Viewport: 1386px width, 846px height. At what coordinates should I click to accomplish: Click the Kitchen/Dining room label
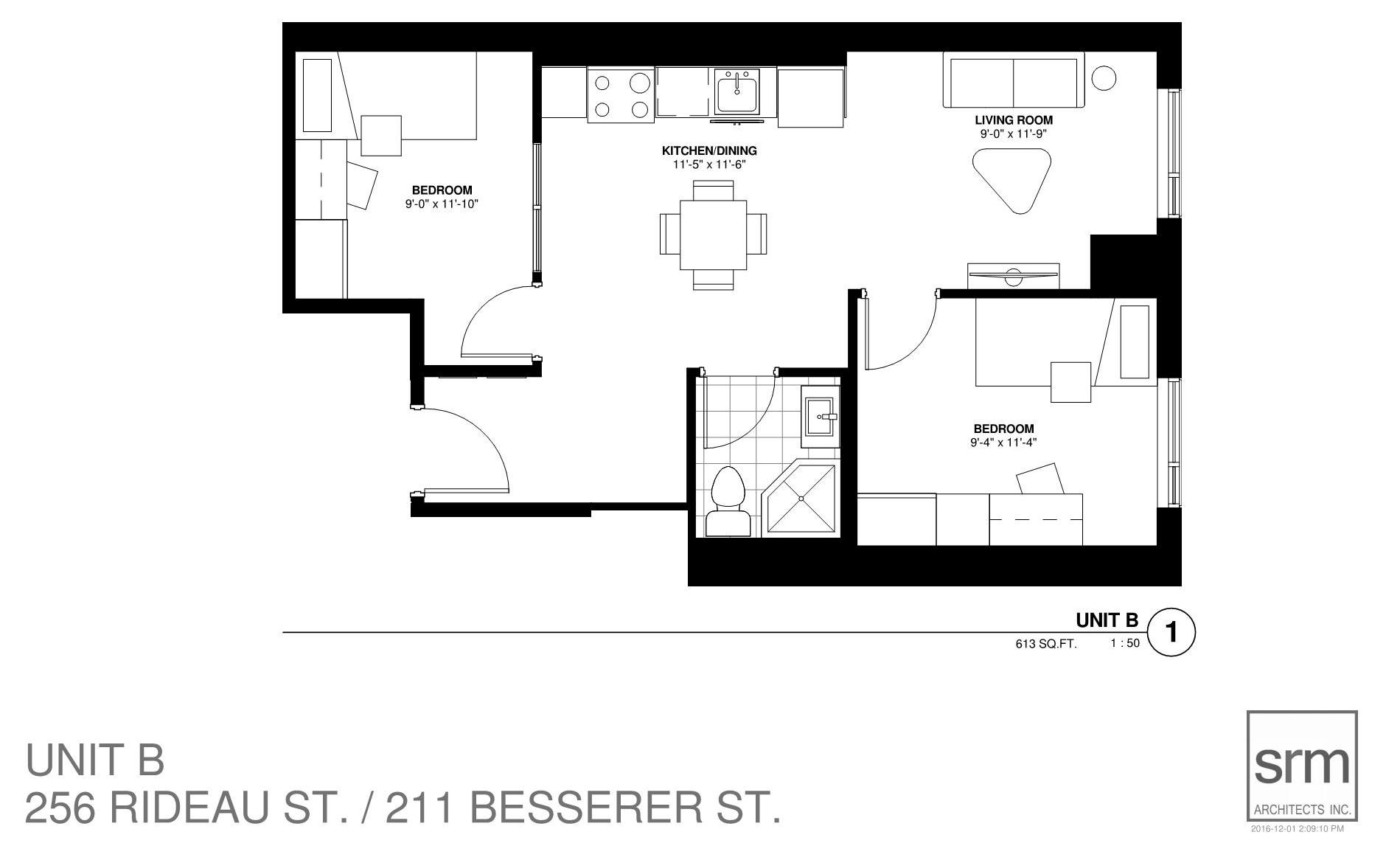(709, 150)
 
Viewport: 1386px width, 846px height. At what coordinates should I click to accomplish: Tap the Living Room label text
(1014, 120)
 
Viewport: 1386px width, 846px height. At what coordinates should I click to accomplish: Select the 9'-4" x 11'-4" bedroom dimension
(1003, 443)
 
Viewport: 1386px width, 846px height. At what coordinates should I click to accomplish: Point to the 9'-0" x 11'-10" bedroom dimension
(442, 204)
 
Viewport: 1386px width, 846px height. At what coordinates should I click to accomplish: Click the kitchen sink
(736, 92)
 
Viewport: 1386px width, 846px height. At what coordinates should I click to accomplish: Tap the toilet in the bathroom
(728, 502)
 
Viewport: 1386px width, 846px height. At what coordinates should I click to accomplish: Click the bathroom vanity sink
(821, 417)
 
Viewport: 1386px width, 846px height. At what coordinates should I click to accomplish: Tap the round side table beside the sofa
(1104, 77)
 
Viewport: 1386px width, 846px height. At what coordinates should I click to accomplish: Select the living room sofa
(1014, 81)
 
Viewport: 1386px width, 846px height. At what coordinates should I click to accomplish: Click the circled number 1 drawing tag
(1171, 632)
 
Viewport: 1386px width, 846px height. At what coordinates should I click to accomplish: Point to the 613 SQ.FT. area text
(1046, 644)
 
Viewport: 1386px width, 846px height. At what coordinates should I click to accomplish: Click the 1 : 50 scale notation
(1125, 643)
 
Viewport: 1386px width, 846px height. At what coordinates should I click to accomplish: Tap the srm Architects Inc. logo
(1302, 766)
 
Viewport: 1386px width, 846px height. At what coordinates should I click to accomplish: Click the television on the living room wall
(1014, 275)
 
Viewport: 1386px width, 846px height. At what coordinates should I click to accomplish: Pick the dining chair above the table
(713, 190)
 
